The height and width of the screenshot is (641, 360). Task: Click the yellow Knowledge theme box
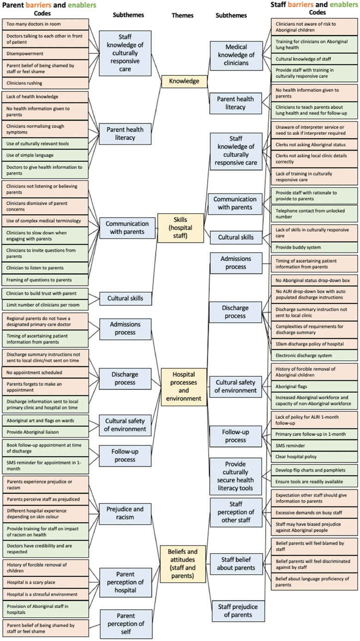coord(184,81)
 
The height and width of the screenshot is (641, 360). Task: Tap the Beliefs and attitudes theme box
coord(183,563)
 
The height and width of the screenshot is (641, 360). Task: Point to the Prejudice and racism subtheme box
coord(125,514)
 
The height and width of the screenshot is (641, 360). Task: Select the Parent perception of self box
coord(125,623)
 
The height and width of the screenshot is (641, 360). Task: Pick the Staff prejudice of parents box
coord(238,611)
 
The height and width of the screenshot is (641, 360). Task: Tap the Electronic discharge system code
coord(314,356)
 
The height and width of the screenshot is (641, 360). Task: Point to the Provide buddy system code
coord(314,248)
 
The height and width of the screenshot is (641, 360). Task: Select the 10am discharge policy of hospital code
coord(314,344)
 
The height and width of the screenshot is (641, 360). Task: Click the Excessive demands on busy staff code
coord(314,513)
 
